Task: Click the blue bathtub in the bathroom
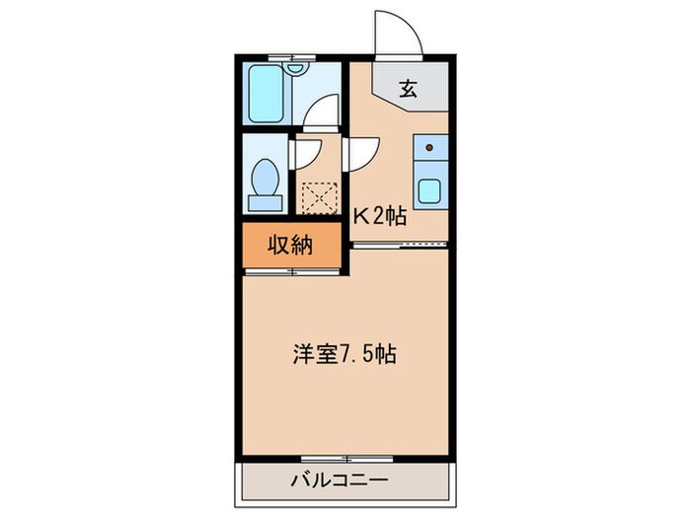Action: (x=268, y=94)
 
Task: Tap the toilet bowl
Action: (x=265, y=180)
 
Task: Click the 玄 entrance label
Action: (x=408, y=89)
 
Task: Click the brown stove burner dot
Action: (x=429, y=148)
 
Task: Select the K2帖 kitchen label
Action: (x=380, y=216)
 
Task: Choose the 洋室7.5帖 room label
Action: (x=344, y=354)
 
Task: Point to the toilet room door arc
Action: (x=304, y=153)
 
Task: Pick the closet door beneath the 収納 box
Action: (x=292, y=273)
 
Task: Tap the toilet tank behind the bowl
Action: (x=264, y=203)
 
